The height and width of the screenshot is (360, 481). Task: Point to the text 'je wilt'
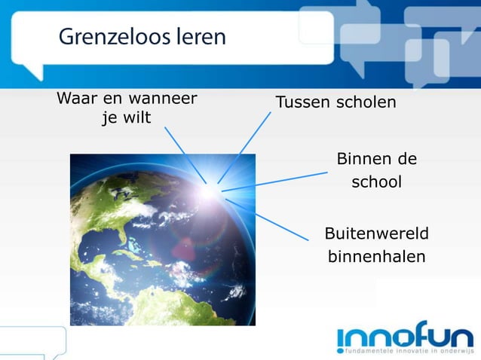pos(126,118)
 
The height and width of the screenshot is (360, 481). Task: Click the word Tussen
pos(302,102)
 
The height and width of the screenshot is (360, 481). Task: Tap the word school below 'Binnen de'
pos(375,182)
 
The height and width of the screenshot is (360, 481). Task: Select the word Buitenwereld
pos(375,233)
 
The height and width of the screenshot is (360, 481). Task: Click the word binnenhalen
pos(375,256)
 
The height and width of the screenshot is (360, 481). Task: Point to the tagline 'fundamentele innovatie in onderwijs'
pos(409,351)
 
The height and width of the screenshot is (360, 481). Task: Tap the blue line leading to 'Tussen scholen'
pos(245,146)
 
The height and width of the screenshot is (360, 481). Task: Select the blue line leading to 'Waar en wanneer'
pos(185,154)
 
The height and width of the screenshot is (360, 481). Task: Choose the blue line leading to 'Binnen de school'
pos(275,182)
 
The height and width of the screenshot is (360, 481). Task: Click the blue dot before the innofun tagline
pos(341,351)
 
